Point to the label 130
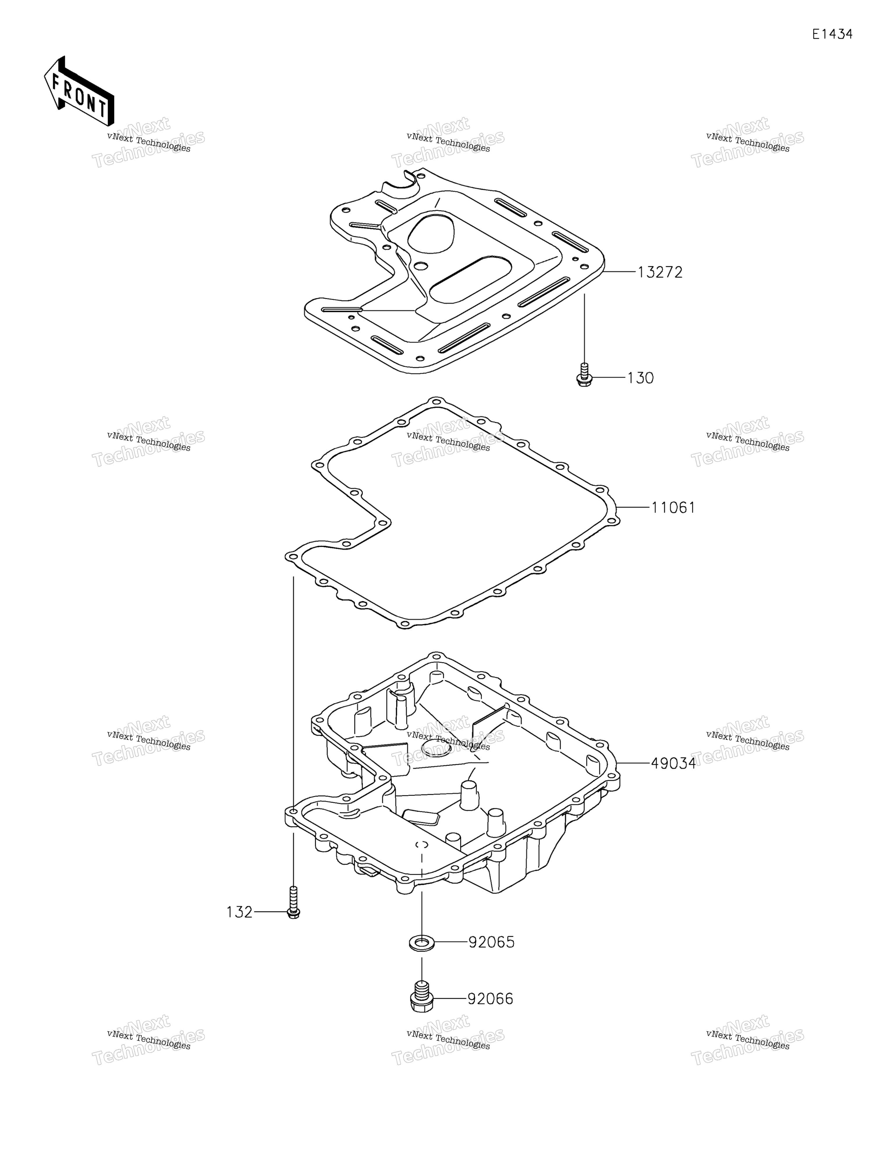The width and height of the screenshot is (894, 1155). coord(641,378)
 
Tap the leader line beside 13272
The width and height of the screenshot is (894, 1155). coord(620,272)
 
